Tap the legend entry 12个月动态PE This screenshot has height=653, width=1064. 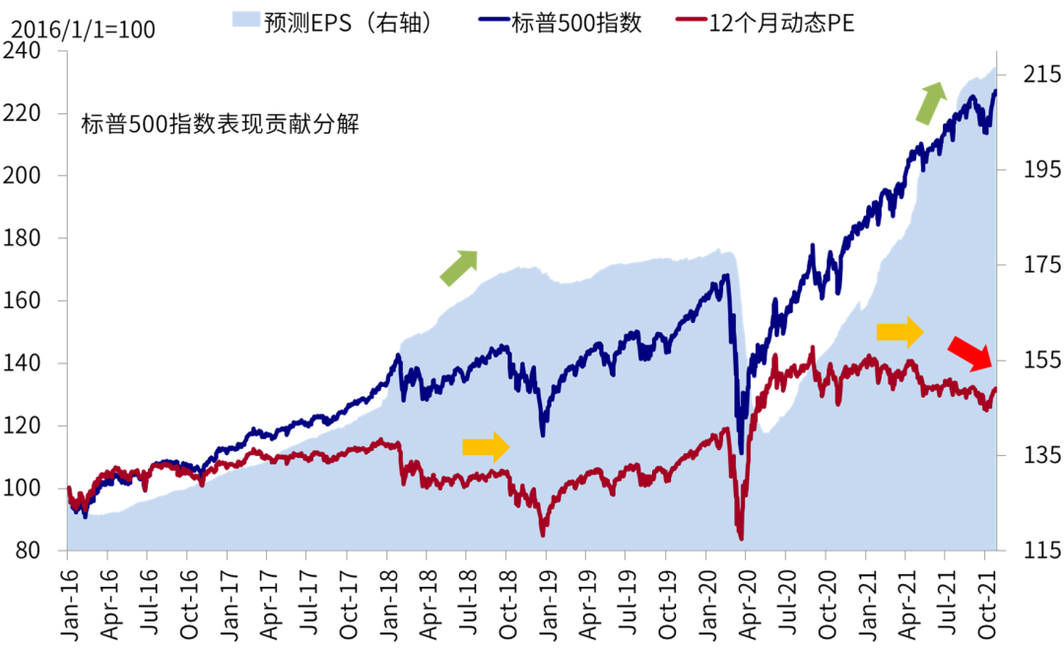(779, 23)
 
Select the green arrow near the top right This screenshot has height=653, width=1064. (930, 103)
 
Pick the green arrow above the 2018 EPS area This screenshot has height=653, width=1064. (458, 268)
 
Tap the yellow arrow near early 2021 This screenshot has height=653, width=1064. (899, 333)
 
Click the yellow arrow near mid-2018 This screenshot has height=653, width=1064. (486, 447)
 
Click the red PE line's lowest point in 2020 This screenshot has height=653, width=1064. (740, 537)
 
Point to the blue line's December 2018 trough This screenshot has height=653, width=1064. (542, 434)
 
